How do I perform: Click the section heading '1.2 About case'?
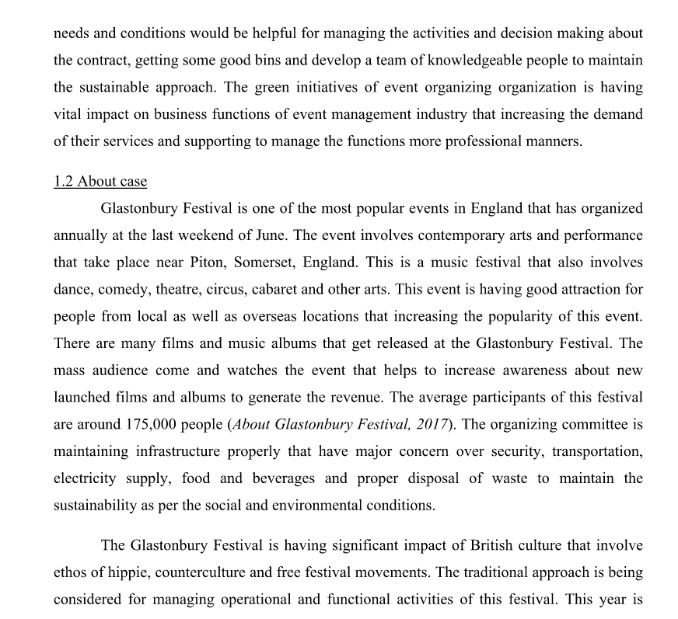(x=100, y=182)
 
